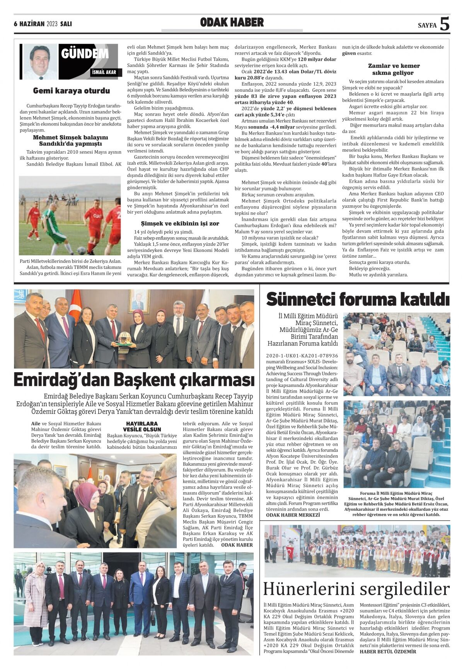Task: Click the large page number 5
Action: point(445,24)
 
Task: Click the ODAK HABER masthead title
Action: point(232,23)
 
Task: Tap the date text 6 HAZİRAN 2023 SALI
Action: point(43,24)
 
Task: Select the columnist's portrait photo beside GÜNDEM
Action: point(40,61)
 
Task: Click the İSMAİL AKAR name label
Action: point(104,72)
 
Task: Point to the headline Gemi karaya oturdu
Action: point(72,91)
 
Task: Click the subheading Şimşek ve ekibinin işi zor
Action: point(180,223)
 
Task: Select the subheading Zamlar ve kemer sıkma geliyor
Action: point(393,69)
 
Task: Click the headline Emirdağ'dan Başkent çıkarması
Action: point(134,380)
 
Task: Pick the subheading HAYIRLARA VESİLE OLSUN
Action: point(142,426)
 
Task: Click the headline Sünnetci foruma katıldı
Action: point(358,299)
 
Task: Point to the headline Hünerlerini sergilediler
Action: point(356,589)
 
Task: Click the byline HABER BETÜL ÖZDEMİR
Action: point(388,651)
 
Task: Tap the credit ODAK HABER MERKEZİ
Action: point(293,515)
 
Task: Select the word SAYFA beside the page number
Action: point(427,26)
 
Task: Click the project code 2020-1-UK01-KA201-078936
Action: point(302,356)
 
